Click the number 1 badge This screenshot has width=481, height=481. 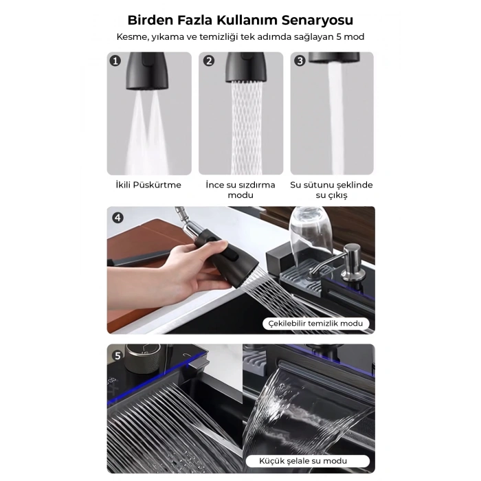(x=115, y=61)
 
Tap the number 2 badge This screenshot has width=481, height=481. (x=208, y=61)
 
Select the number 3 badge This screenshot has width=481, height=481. (x=300, y=61)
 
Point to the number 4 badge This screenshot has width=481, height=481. (x=118, y=217)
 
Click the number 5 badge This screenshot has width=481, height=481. (x=118, y=355)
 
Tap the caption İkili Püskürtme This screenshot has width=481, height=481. (x=149, y=185)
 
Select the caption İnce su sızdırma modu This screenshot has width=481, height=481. (x=240, y=190)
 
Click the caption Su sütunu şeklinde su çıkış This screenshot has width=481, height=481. (x=332, y=190)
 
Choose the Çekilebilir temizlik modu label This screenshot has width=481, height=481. (x=316, y=324)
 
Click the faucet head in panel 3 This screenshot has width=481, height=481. (x=332, y=58)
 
